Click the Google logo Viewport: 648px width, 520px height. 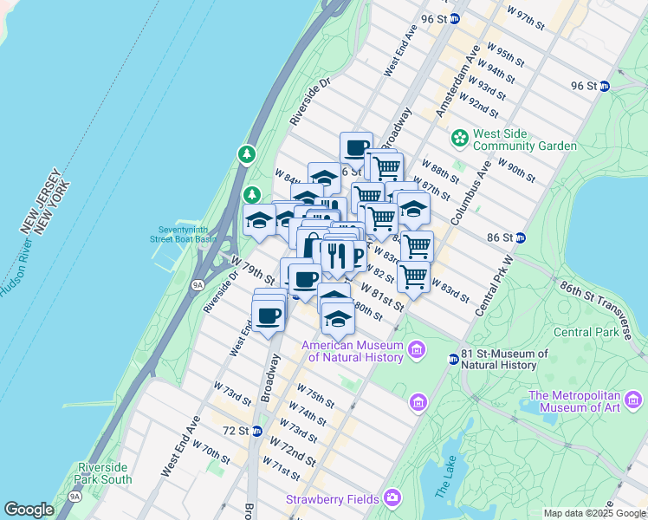pyautogui.click(x=29, y=510)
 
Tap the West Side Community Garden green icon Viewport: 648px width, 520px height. pyautogui.click(x=459, y=138)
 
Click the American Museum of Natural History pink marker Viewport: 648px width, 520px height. pyautogui.click(x=418, y=350)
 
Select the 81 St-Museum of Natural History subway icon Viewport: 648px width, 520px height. pyautogui.click(x=453, y=359)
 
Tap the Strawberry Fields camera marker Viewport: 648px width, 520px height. pyautogui.click(x=392, y=497)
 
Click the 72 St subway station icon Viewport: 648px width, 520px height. pyautogui.click(x=256, y=431)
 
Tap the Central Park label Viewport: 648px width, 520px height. pyautogui.click(x=586, y=332)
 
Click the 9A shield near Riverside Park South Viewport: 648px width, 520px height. pyautogui.click(x=75, y=497)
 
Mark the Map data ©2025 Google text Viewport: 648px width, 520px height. pyautogui.click(x=594, y=513)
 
